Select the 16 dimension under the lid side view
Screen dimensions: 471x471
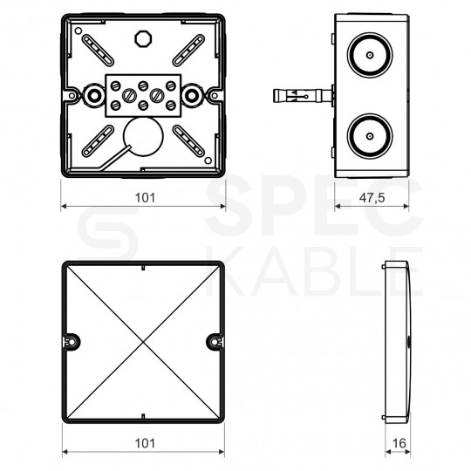(x=399, y=444)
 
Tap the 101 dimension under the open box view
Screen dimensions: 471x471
(x=144, y=198)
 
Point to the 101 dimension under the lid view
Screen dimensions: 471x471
(x=144, y=444)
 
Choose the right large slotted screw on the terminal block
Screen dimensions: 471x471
(x=158, y=92)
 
